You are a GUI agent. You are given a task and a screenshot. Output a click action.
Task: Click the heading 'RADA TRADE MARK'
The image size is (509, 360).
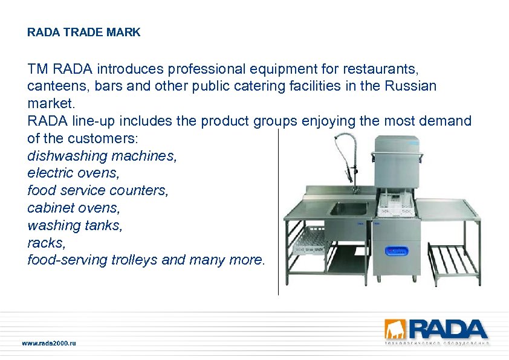(x=83, y=33)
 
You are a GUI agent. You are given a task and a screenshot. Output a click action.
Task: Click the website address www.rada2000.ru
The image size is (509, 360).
(x=49, y=343)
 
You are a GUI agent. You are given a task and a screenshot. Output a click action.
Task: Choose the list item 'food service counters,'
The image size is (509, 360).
(x=98, y=190)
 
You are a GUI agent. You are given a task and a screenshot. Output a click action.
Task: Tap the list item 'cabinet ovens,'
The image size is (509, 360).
(x=74, y=208)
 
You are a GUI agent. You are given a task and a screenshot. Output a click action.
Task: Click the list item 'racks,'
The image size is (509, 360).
(x=47, y=242)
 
